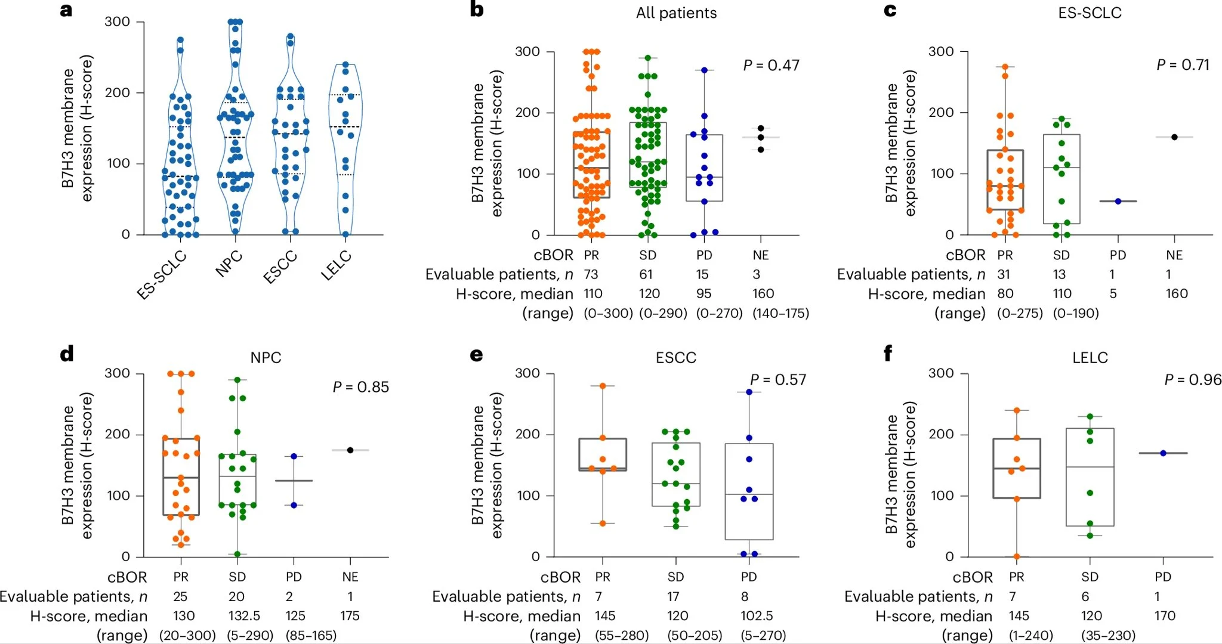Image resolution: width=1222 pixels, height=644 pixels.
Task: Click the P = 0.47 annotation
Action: click(771, 66)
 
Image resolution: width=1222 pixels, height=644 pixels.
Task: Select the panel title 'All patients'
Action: click(676, 13)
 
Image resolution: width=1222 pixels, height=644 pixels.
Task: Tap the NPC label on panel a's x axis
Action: click(229, 264)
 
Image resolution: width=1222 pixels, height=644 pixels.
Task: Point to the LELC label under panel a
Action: click(337, 267)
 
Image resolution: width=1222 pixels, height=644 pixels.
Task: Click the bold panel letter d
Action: click(67, 354)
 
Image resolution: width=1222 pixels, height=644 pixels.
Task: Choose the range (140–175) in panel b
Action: click(780, 313)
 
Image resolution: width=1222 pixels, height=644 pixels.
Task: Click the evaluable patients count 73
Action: click(591, 274)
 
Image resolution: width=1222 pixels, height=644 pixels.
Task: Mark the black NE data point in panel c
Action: click(1174, 137)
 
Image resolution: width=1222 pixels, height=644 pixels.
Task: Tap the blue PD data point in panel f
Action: click(1163, 453)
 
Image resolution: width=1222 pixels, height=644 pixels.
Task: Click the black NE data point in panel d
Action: click(350, 450)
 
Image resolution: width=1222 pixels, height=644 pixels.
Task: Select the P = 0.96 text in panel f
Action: click(1193, 380)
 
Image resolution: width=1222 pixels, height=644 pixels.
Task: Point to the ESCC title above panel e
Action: click(676, 358)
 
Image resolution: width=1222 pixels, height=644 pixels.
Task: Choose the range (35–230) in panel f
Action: click(1108, 636)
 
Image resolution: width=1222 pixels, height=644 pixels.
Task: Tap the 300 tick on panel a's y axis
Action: click(117, 22)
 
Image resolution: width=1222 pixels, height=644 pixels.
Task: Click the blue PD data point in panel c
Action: click(1118, 202)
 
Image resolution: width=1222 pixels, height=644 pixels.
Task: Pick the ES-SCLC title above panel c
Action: click(1090, 13)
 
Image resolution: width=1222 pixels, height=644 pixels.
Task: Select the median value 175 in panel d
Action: click(350, 616)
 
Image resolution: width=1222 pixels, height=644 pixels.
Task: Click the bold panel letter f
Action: click(888, 354)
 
